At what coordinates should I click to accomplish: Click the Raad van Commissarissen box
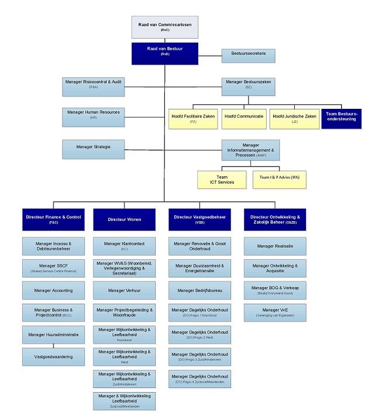[x=164, y=27]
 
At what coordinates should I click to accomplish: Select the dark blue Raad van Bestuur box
[x=164, y=52]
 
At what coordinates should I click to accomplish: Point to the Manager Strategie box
[x=94, y=148]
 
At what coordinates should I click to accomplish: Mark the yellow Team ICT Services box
[x=222, y=180]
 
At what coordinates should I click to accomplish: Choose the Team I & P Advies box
[x=280, y=180]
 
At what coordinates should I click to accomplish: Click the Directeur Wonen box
[x=125, y=219]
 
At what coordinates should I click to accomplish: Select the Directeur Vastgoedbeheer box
[x=199, y=219]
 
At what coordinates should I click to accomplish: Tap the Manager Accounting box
[x=54, y=290]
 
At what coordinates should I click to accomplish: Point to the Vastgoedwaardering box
[x=54, y=356]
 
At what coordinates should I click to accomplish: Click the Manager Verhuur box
[x=125, y=290]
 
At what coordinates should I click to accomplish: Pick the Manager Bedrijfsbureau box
[x=199, y=290]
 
